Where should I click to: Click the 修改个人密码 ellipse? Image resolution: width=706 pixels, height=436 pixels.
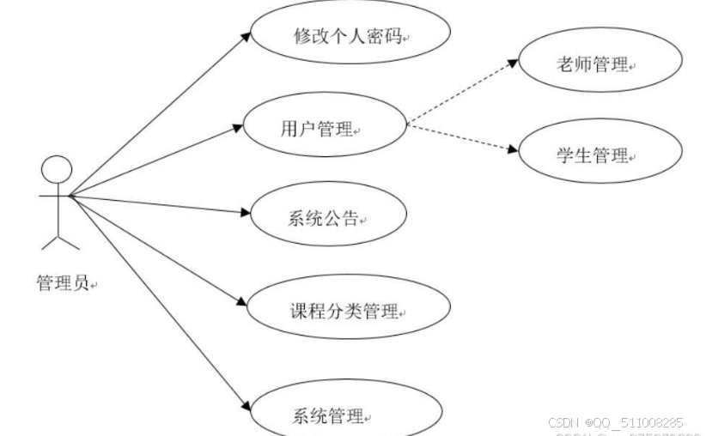347,37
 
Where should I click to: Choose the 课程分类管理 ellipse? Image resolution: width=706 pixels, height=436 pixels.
347,311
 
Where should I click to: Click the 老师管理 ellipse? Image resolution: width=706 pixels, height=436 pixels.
600,63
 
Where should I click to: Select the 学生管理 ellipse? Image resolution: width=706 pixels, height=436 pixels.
600,154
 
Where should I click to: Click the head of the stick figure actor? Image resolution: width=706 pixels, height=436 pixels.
57,169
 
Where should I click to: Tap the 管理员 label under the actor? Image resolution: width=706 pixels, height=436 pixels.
63,283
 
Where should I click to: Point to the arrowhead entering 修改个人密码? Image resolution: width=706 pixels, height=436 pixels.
245,35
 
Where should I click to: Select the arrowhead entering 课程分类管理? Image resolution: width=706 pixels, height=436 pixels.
240,304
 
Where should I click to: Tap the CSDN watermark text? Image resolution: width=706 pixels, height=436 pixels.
615,423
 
